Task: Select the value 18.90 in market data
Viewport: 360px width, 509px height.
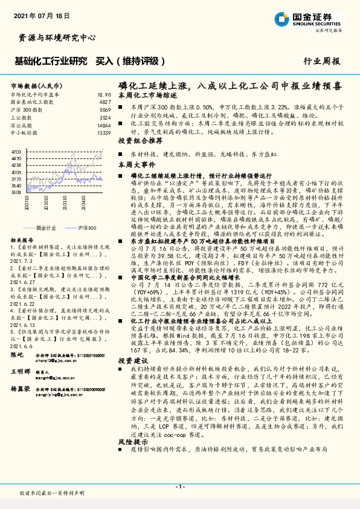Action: click(x=104, y=95)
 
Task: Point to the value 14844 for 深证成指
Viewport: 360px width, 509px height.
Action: click(x=104, y=125)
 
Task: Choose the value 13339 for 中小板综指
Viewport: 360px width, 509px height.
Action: click(x=104, y=132)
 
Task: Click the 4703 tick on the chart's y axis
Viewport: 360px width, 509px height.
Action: click(x=16, y=151)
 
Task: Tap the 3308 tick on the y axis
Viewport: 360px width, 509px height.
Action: click(x=16, y=192)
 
